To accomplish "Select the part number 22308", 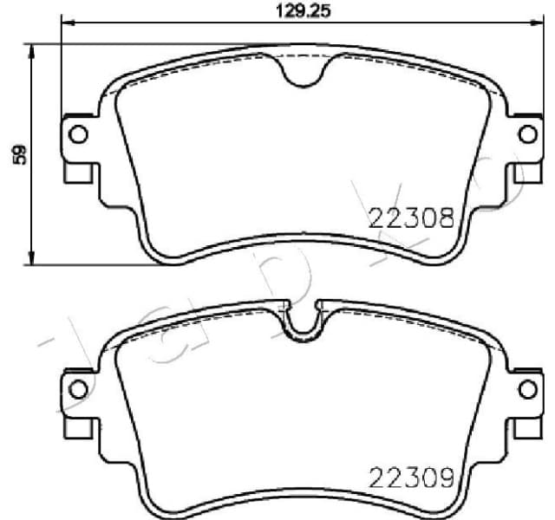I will (x=412, y=217).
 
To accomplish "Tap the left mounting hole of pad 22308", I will (x=77, y=134).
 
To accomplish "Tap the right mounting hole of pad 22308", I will (x=526, y=134).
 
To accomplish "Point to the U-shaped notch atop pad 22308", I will (x=303, y=74).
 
